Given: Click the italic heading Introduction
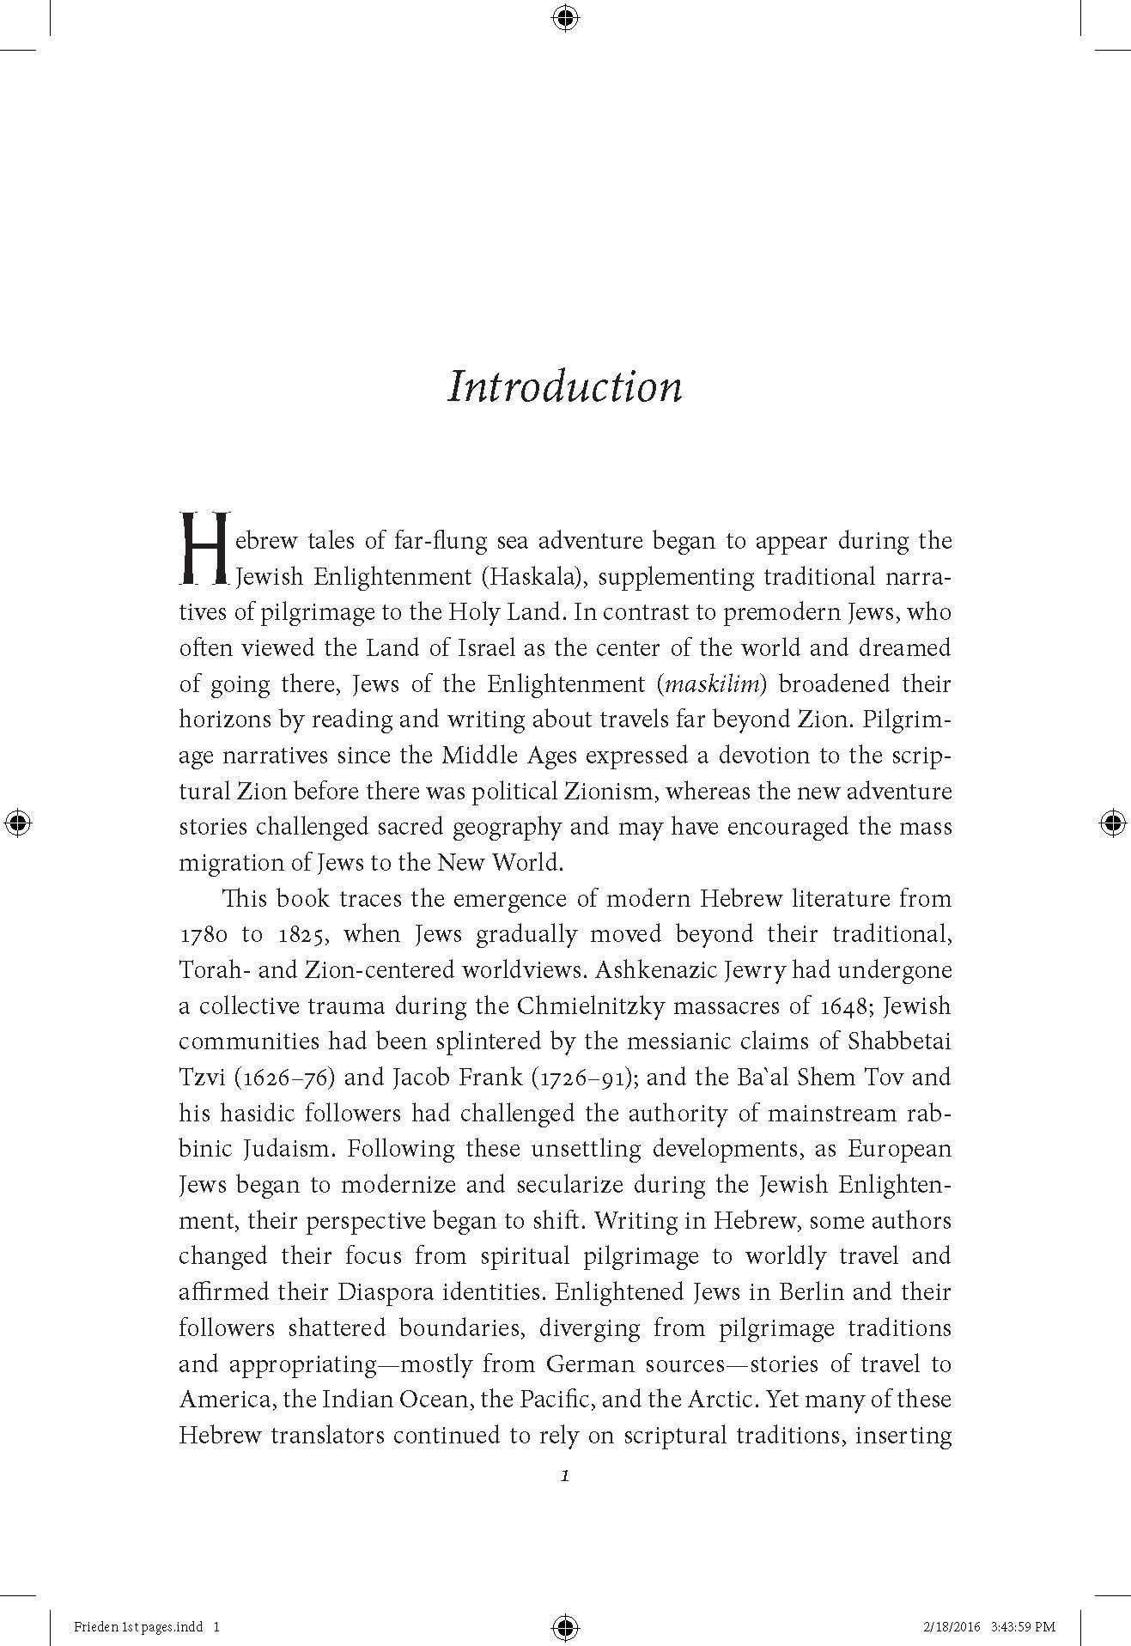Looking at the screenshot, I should (565, 386).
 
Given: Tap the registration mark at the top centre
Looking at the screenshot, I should (565, 17).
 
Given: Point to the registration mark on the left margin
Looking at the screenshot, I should (17, 823).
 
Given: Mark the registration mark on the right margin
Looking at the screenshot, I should (1113, 823).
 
